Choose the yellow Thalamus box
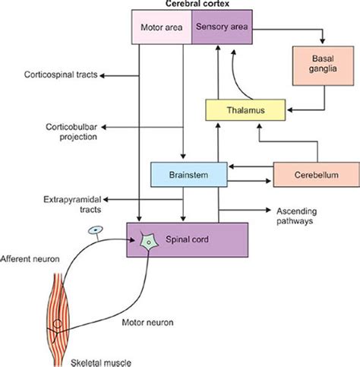[x=248, y=111]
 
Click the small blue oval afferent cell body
[x=94, y=229]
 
